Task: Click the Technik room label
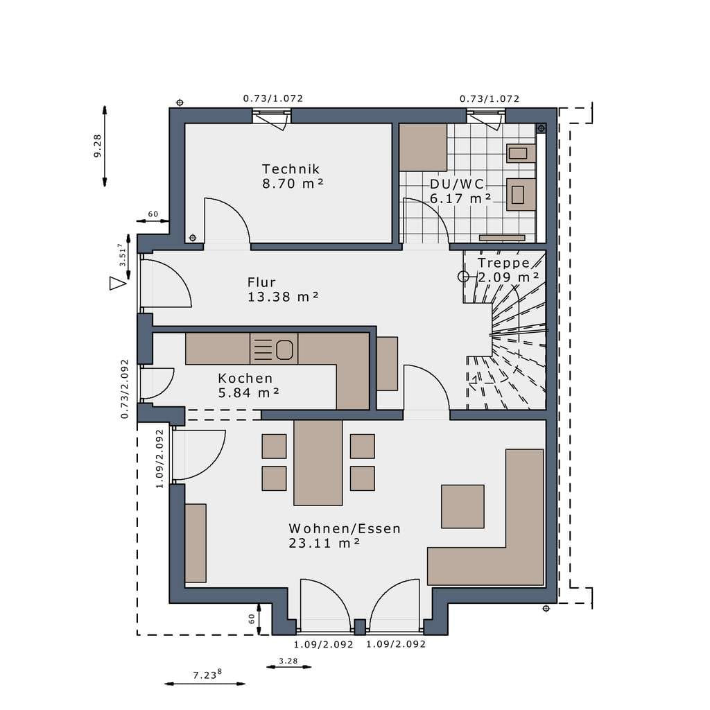click(x=291, y=169)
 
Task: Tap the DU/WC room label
click(x=457, y=184)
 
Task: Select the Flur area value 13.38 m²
click(x=283, y=297)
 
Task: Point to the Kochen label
click(x=245, y=378)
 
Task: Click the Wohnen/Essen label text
click(x=345, y=528)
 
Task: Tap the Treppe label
click(x=503, y=263)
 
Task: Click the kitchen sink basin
click(x=284, y=350)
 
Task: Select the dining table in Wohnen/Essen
click(x=318, y=462)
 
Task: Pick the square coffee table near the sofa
click(x=462, y=506)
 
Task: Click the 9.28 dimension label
click(x=97, y=146)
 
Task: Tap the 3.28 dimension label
click(x=288, y=661)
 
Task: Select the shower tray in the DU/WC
click(x=423, y=148)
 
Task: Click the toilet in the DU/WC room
click(x=521, y=195)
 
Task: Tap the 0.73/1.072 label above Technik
click(x=273, y=98)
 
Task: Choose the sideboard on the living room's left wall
click(x=196, y=543)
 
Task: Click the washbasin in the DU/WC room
click(x=521, y=153)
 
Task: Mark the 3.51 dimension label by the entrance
click(x=121, y=254)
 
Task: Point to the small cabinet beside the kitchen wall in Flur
click(x=387, y=363)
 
